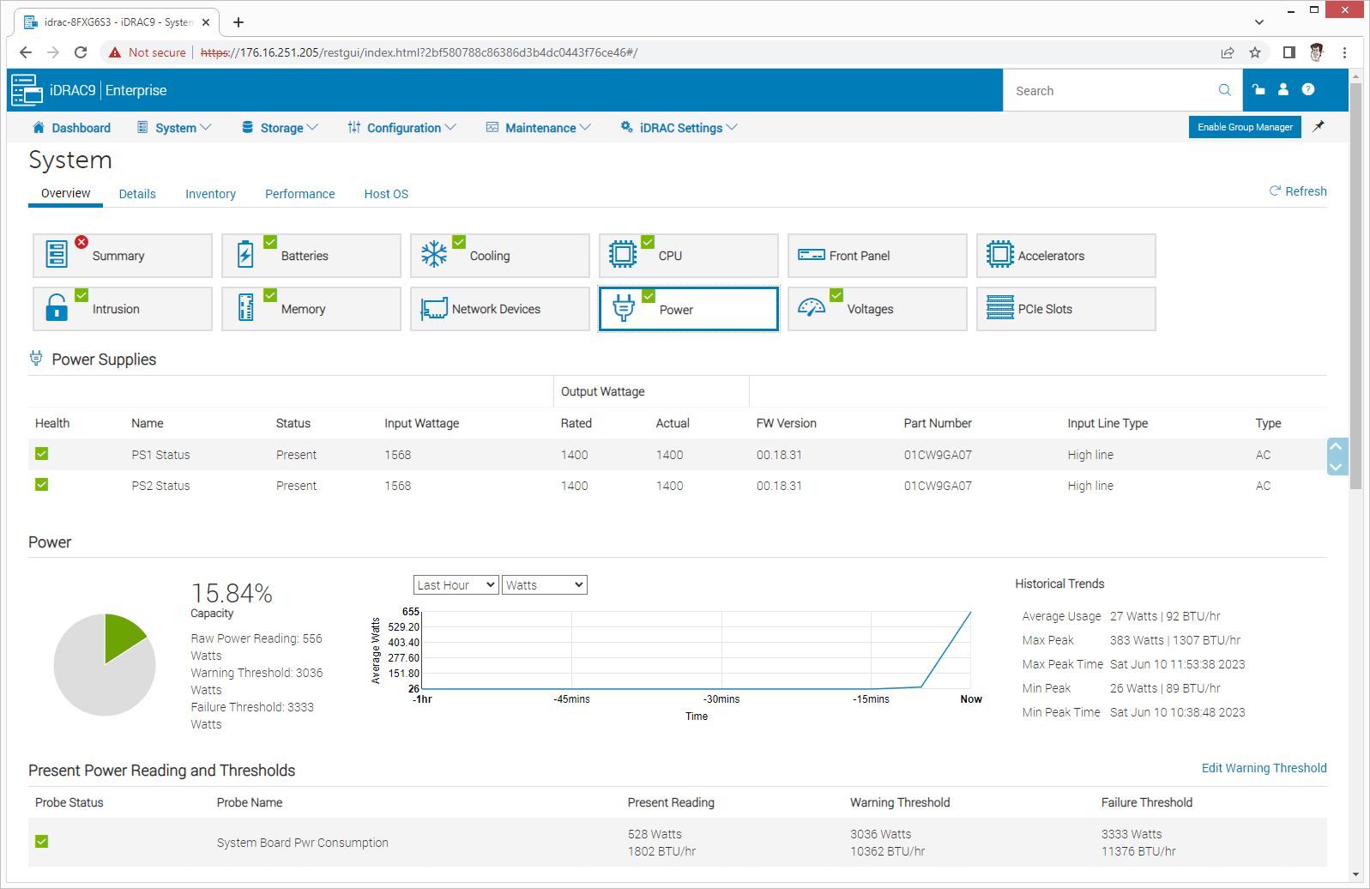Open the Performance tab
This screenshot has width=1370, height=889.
tap(299, 194)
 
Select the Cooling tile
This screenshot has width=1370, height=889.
tap(499, 256)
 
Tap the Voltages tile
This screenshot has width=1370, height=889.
tap(877, 309)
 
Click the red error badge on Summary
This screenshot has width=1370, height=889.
tap(81, 242)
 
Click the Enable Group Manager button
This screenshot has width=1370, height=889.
tap(1244, 127)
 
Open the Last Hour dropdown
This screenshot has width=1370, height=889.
tap(456, 585)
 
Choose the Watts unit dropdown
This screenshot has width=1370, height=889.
tap(544, 585)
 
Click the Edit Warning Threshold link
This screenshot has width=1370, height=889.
tap(1264, 768)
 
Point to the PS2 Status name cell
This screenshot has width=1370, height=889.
tap(160, 486)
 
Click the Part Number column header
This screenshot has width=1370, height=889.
tap(937, 423)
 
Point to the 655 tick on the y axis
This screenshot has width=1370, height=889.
tap(411, 612)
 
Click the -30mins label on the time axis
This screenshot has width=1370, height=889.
tap(721, 699)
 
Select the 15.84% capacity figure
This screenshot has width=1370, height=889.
tap(232, 593)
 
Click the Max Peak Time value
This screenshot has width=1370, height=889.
tap(1177, 664)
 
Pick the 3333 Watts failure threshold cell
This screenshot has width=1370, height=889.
tap(1131, 834)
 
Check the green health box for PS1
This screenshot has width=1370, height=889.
tap(41, 454)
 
